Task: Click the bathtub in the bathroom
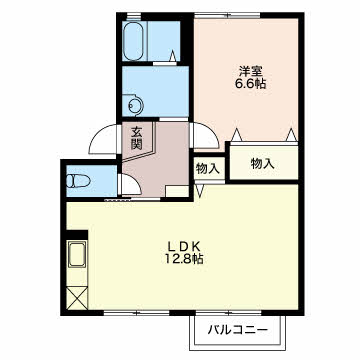(133, 41)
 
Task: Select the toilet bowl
(78, 182)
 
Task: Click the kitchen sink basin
(77, 254)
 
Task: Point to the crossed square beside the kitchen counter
(77, 297)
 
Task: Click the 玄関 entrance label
(136, 138)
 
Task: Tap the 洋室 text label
(251, 71)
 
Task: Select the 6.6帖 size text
(251, 84)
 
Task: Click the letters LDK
(183, 246)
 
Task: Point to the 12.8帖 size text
(183, 259)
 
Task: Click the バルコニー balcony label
(238, 330)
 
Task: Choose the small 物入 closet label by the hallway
(208, 169)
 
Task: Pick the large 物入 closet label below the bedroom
(263, 163)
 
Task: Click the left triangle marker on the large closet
(236, 135)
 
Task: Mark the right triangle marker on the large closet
(292, 135)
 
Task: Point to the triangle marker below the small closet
(200, 191)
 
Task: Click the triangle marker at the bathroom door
(173, 56)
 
